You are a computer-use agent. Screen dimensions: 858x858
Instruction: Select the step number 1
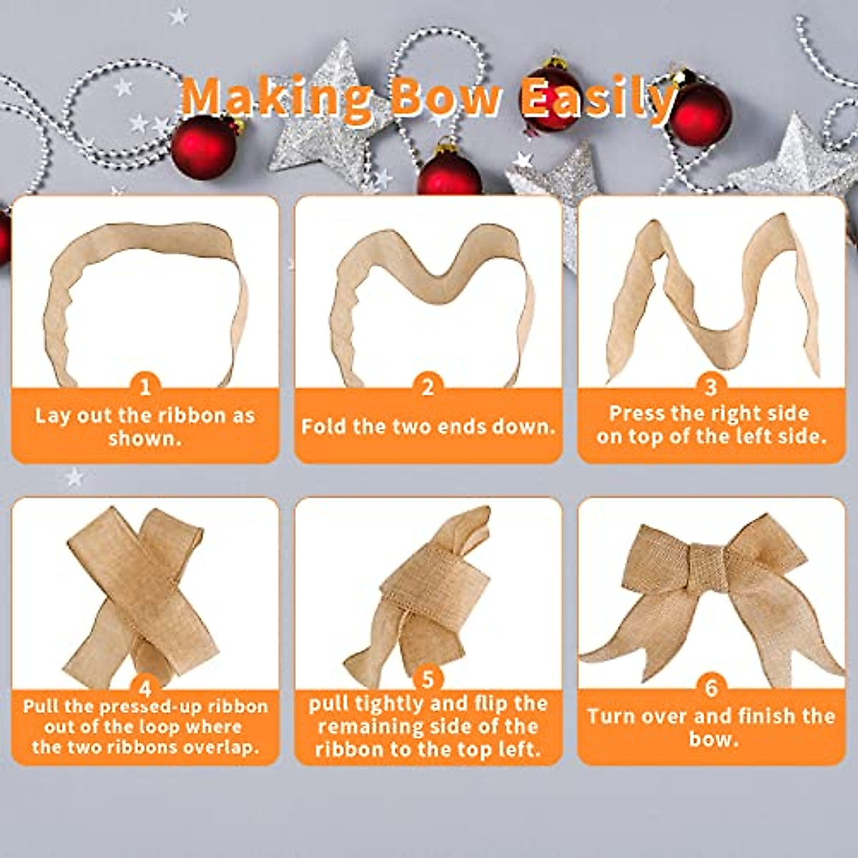(145, 388)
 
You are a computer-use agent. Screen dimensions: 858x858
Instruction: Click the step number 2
(428, 388)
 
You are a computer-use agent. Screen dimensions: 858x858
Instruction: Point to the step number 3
(711, 388)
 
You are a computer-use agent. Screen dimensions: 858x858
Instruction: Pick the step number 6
(711, 688)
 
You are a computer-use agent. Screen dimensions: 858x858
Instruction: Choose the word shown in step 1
(144, 438)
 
